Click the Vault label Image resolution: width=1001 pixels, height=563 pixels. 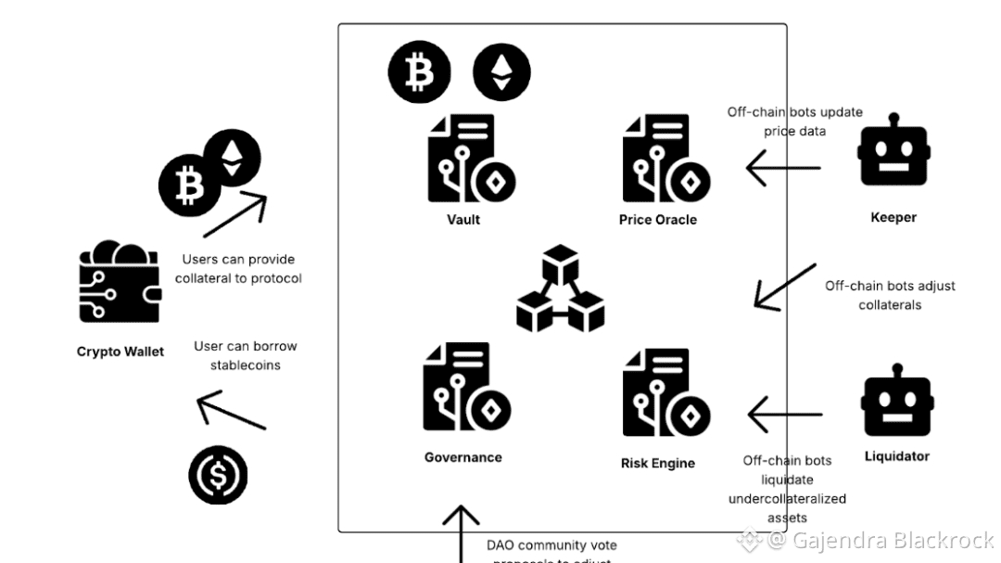click(x=463, y=220)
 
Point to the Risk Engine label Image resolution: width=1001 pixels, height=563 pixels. click(x=657, y=463)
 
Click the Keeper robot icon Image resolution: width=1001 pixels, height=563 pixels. click(x=893, y=152)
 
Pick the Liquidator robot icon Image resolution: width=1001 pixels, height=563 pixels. click(x=896, y=406)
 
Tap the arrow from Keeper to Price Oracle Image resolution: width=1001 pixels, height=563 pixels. click(x=783, y=168)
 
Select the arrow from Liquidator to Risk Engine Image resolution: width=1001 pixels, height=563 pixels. click(x=784, y=414)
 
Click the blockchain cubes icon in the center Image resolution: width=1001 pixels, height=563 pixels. click(x=561, y=288)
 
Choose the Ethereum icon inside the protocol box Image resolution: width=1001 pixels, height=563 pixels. click(x=501, y=72)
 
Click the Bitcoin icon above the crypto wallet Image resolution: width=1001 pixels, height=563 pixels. click(x=189, y=186)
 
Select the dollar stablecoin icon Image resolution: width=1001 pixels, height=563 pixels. click(x=219, y=476)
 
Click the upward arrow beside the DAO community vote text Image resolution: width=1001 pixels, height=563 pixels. click(x=461, y=533)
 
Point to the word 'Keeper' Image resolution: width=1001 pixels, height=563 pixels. click(x=893, y=218)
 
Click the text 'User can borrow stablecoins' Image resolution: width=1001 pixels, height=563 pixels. click(x=245, y=355)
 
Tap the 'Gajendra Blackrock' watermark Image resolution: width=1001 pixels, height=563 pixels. click(x=876, y=540)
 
